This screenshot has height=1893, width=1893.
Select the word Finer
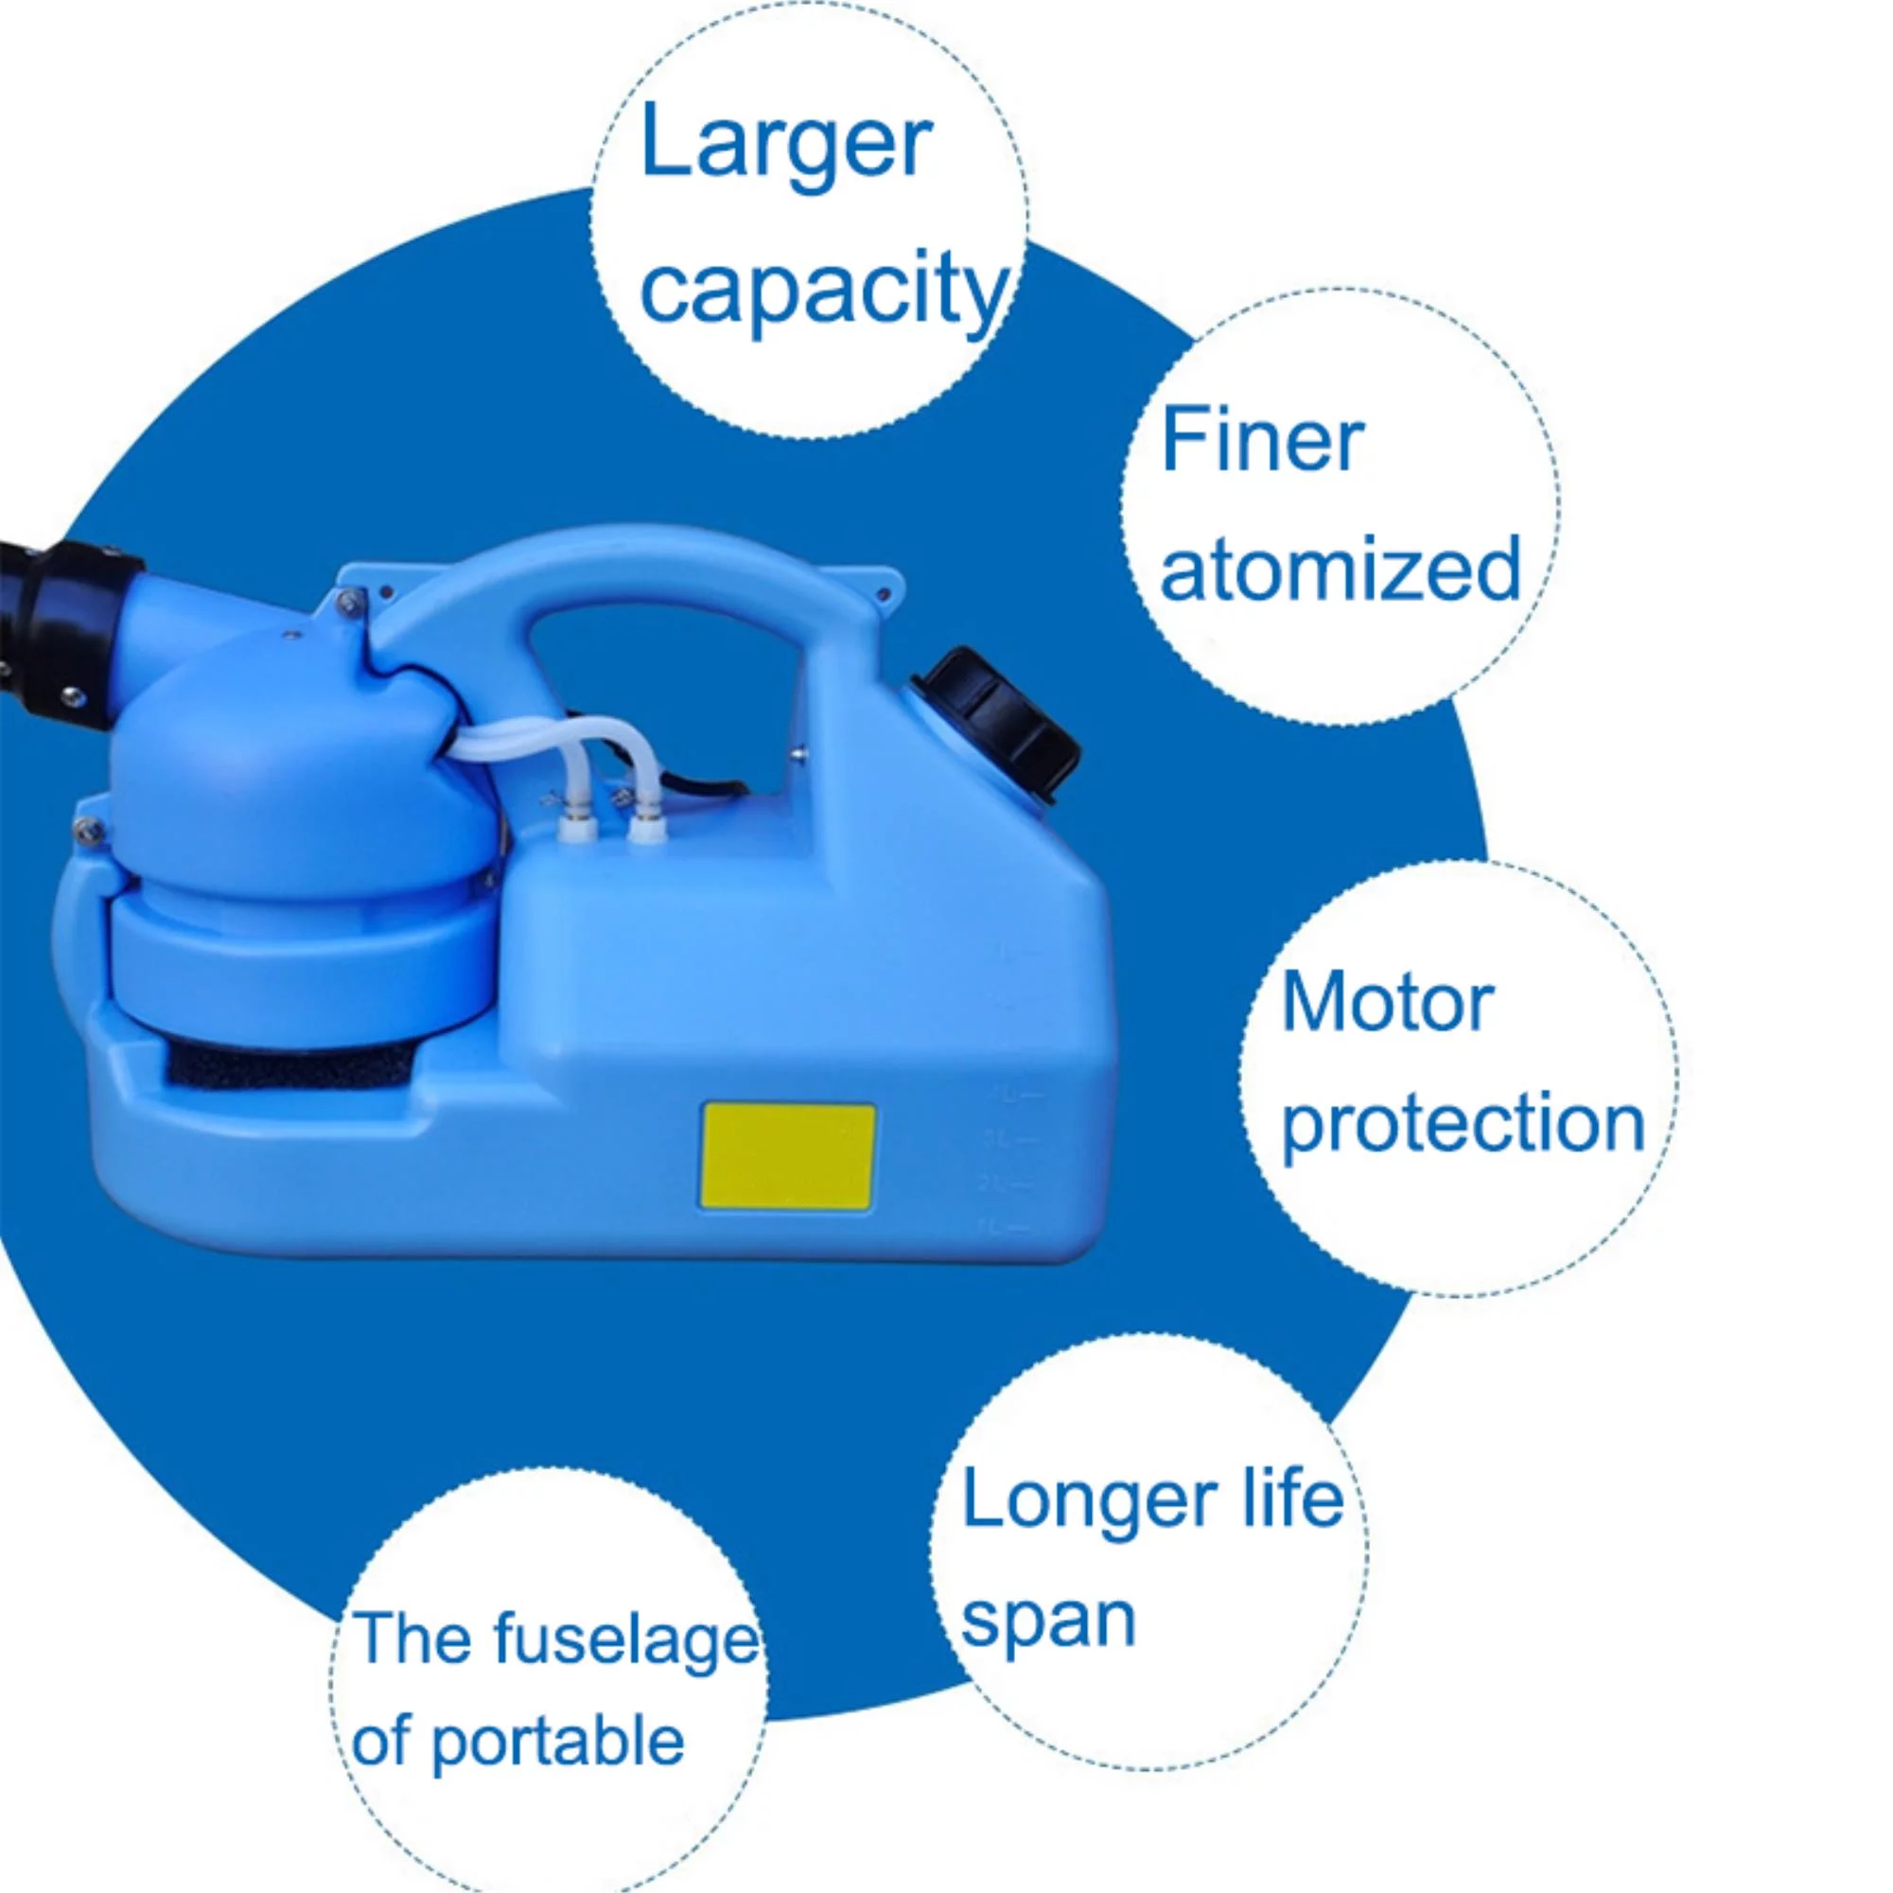tap(1262, 441)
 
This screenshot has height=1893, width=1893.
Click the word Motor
tap(1388, 1004)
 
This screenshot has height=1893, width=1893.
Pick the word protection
tap(1463, 1124)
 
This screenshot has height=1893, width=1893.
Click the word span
tap(1047, 1621)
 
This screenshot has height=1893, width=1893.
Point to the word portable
tap(557, 1743)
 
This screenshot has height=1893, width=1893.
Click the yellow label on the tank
tap(787, 1157)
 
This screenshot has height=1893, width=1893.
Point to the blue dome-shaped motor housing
tap(294, 774)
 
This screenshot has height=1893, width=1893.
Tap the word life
tap(1293, 1499)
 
